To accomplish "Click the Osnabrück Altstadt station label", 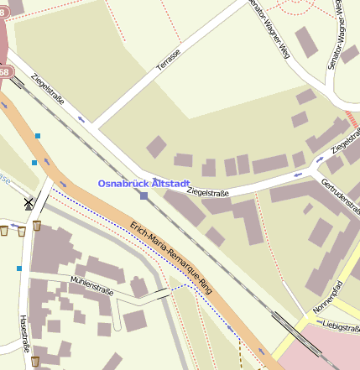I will [x=143, y=183].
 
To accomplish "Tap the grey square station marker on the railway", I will [x=144, y=196].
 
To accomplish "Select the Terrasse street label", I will [x=168, y=60].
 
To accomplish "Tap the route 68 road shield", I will [x=3, y=73].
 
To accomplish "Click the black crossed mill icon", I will [x=29, y=202].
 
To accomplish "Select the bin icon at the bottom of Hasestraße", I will [x=35, y=362].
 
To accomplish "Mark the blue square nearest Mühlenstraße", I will [x=18, y=268].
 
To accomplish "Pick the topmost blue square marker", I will [x=38, y=135].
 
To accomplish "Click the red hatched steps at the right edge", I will [x=352, y=118].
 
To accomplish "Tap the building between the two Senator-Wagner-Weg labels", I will [x=306, y=42].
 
